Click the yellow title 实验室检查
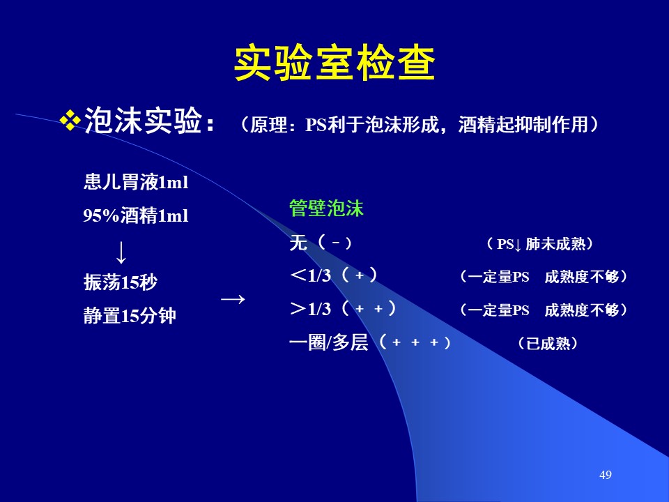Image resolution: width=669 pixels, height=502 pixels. pos(334,63)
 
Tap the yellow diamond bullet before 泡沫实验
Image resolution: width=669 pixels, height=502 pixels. pos(70,121)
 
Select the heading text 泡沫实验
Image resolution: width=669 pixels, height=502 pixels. pos(144,121)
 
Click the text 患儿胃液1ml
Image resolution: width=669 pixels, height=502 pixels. pos(136,182)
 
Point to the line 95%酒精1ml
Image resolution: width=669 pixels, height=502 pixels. pos(136,215)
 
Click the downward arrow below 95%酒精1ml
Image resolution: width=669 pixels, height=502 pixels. pos(121,252)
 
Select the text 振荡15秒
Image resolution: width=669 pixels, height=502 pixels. pos(121,282)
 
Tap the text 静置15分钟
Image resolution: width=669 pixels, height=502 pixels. pos(130,316)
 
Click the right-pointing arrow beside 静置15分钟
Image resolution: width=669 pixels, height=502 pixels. pos(233,299)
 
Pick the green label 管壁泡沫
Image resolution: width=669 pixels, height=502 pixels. pos(326,208)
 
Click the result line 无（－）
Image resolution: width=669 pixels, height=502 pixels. pos(321,243)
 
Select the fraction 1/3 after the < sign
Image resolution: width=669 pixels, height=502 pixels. pos(320,276)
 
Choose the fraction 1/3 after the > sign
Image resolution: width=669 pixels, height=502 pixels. pos(320,309)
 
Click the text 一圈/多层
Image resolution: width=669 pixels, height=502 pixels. pos(328,342)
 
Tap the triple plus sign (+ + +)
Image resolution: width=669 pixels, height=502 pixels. pos(415,342)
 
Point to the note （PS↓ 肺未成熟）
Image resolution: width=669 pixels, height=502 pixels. pos(539,244)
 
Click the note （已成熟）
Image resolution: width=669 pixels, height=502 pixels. pos(548,343)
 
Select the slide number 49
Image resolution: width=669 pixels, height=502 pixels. pos(606,475)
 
